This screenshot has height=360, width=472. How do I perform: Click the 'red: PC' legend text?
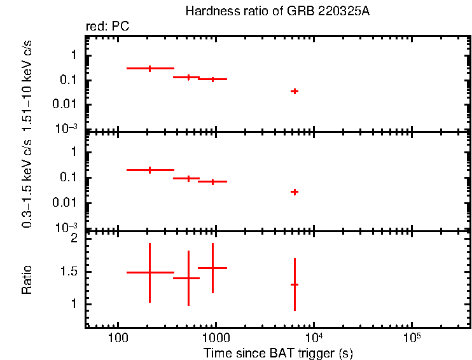[112, 27]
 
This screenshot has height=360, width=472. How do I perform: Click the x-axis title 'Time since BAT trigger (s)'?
[278, 352]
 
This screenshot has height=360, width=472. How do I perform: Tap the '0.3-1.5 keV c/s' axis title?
[27, 184]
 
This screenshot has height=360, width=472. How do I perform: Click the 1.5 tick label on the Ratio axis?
[70, 272]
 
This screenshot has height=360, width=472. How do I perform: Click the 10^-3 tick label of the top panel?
[67, 128]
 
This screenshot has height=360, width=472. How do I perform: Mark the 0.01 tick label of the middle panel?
[66, 203]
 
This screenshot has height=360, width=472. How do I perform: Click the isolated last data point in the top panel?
[295, 91]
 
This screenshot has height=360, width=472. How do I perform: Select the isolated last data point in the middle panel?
[295, 191]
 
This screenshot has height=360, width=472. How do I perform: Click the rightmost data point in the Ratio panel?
[295, 284]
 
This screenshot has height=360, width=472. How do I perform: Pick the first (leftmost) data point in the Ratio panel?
[149, 272]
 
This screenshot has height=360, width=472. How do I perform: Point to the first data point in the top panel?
[149, 68]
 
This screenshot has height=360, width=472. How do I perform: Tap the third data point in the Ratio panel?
[212, 268]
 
